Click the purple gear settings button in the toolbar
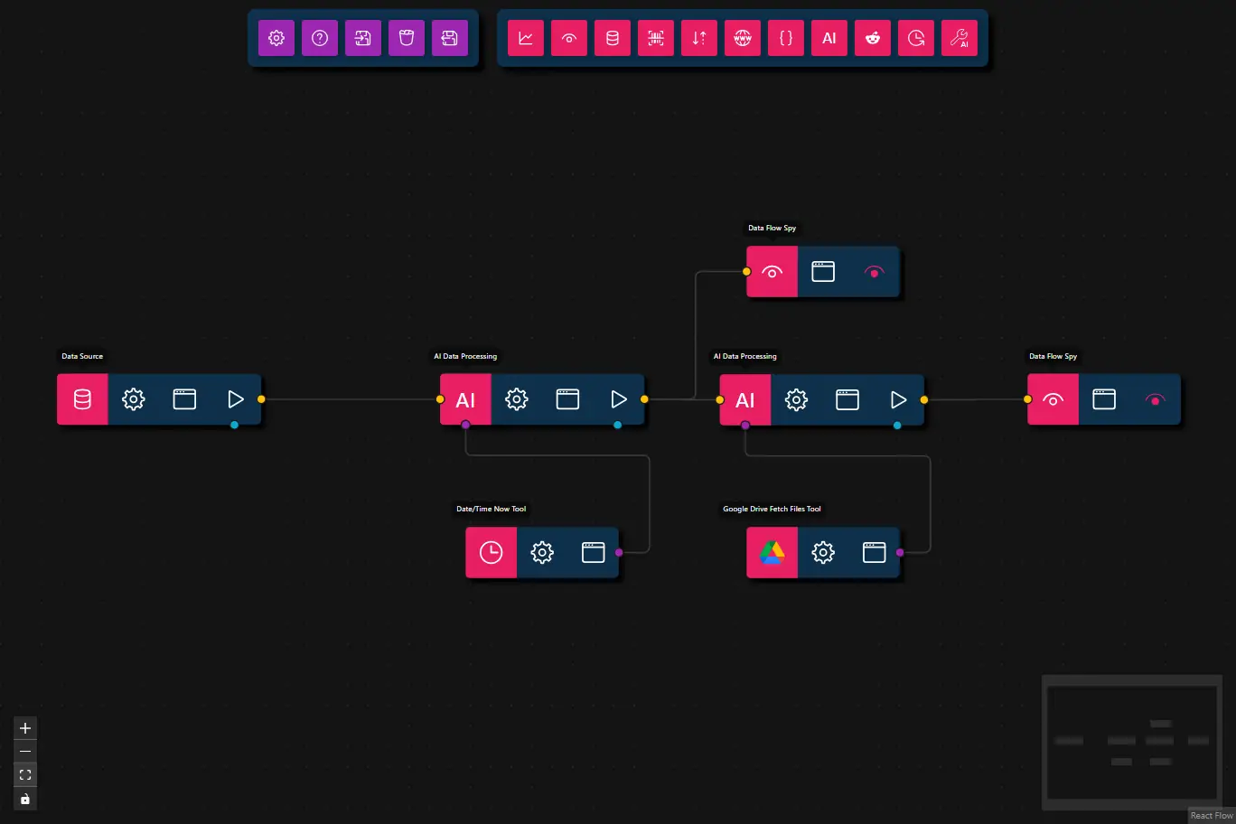[276, 38]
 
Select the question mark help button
[320, 38]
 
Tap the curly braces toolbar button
[786, 38]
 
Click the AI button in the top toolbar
[829, 38]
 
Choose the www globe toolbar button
[743, 38]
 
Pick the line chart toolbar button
[526, 38]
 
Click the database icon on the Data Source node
[82, 399]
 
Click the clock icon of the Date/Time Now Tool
[491, 552]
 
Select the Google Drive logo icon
[772, 552]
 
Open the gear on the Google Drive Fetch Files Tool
[823, 552]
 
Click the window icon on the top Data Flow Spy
[823, 271]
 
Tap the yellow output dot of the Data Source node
[261, 399]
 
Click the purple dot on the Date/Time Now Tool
[619, 552]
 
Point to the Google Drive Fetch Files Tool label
[772, 509]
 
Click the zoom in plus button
[25, 728]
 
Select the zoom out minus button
[25, 752]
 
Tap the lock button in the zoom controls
[25, 799]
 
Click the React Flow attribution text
[1211, 816]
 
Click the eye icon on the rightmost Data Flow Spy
[1053, 399]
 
